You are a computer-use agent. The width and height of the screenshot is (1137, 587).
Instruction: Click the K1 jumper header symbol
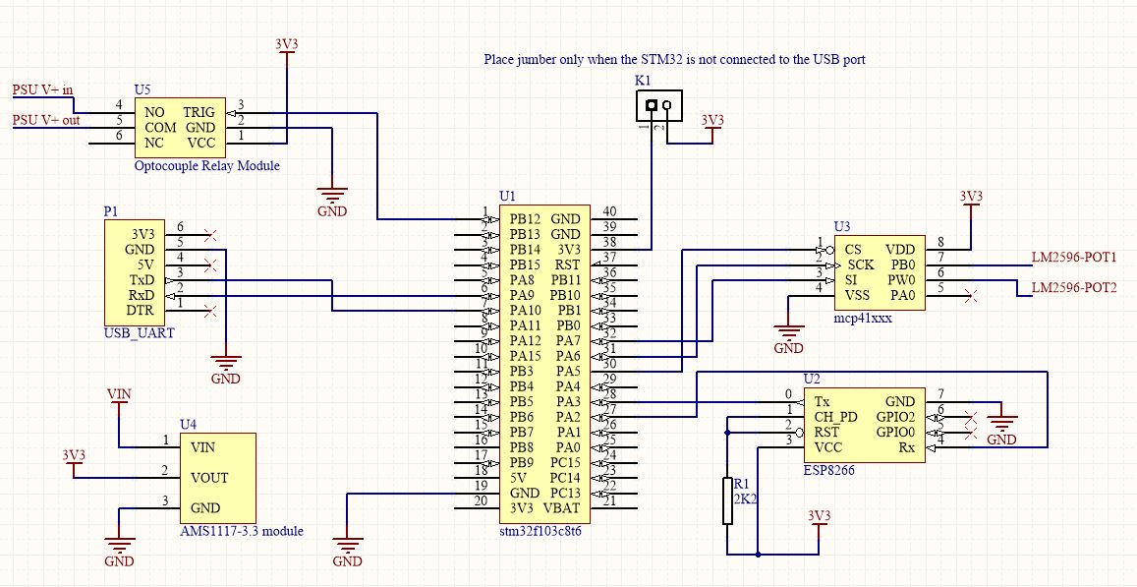[x=656, y=105]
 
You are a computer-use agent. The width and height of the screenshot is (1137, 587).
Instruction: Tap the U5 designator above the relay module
[x=142, y=89]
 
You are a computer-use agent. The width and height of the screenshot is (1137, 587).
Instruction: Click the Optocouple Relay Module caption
[x=206, y=166]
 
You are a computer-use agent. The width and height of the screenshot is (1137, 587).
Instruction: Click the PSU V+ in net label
[x=42, y=89]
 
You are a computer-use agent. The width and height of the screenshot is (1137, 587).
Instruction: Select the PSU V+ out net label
[x=46, y=120]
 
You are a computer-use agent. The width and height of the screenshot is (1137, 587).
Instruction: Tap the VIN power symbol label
[x=118, y=393]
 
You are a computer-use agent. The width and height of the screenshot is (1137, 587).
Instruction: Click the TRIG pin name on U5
[x=199, y=112]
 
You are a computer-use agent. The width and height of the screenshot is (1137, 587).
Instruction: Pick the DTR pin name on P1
[x=143, y=311]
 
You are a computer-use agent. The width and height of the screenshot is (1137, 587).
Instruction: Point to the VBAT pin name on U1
[x=563, y=508]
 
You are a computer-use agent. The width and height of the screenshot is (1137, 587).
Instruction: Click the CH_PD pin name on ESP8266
[x=835, y=417]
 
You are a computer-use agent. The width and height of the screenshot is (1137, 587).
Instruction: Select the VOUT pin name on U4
[x=209, y=478]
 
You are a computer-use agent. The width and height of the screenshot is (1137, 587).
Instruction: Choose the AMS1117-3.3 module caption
[x=241, y=531]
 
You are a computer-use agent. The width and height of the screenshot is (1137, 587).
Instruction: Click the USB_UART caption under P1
[x=139, y=333]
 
